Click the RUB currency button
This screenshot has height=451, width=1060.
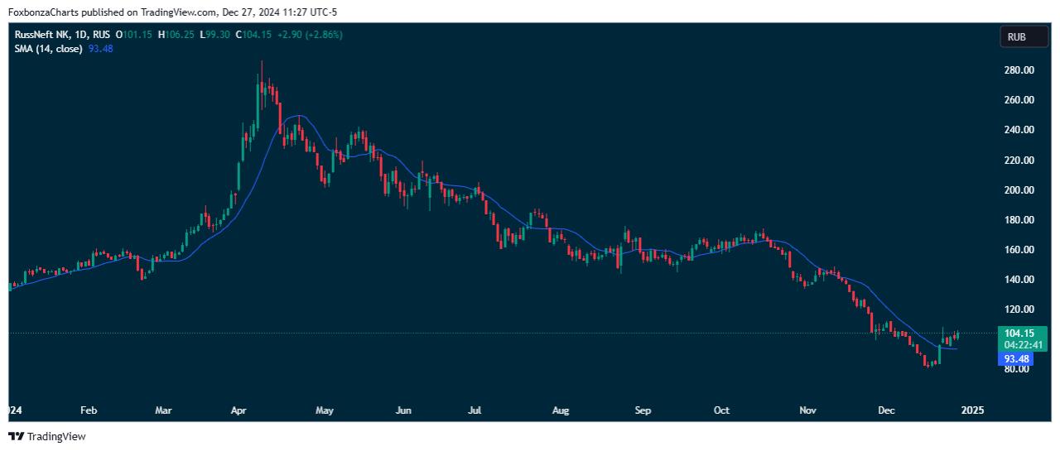pyautogui.click(x=1016, y=36)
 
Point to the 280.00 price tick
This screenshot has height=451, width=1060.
pyautogui.click(x=1018, y=70)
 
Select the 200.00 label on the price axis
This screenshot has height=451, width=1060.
pyautogui.click(x=1018, y=190)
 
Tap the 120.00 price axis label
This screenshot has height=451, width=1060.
pyautogui.click(x=1018, y=309)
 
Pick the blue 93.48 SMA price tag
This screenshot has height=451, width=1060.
pyautogui.click(x=1016, y=359)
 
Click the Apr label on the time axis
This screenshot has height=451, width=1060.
pyautogui.click(x=239, y=410)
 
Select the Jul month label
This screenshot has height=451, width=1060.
pyautogui.click(x=475, y=410)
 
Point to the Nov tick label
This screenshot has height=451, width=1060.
pyautogui.click(x=808, y=410)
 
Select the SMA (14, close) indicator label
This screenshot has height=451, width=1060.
pyautogui.click(x=48, y=49)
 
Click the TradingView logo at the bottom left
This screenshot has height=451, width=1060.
pyautogui.click(x=47, y=436)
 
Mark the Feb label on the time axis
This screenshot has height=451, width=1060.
pyautogui.click(x=89, y=410)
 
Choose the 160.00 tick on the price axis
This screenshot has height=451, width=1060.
pyautogui.click(x=1018, y=250)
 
